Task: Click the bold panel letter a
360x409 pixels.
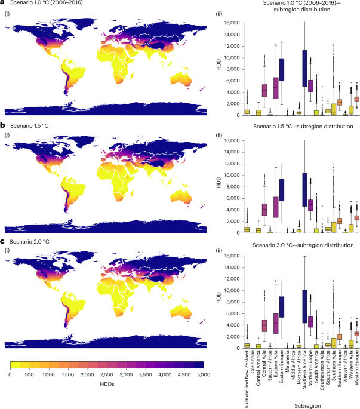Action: (x=3, y=4)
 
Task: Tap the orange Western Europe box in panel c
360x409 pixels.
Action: (x=357, y=333)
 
